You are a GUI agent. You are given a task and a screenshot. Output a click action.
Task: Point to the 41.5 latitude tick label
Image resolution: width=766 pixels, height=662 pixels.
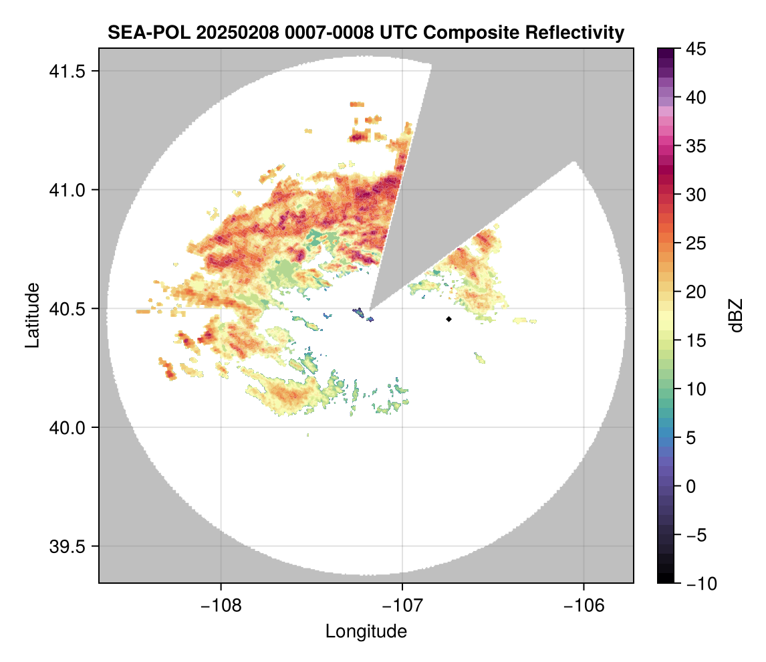[x=67, y=72]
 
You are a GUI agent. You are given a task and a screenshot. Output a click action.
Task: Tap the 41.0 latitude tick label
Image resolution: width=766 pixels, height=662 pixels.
[x=67, y=190]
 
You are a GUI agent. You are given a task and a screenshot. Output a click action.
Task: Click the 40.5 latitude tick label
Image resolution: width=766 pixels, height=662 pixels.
[x=67, y=309]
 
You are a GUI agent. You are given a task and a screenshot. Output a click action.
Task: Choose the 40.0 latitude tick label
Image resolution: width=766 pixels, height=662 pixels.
[x=67, y=427]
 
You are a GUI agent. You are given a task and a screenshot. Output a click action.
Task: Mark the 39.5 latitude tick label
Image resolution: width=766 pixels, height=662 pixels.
[x=67, y=546]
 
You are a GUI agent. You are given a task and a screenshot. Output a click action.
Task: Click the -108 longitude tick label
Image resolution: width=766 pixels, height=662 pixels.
[x=221, y=606]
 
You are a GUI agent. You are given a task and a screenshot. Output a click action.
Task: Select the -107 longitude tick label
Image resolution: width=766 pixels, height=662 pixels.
[x=402, y=606]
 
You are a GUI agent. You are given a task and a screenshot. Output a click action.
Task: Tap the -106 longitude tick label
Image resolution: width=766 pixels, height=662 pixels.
[x=584, y=606]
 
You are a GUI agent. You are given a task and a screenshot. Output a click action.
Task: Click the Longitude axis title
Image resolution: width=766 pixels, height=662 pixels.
[x=366, y=631]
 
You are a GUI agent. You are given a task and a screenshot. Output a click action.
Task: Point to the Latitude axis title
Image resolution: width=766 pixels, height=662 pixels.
[x=32, y=315]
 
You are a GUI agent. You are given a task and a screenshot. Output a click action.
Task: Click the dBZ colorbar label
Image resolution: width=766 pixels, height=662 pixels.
[x=736, y=316]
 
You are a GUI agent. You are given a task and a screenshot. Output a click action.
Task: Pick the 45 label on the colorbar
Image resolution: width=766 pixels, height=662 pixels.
[x=696, y=49]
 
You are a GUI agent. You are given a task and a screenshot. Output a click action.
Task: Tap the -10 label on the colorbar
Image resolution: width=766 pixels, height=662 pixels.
[x=701, y=583]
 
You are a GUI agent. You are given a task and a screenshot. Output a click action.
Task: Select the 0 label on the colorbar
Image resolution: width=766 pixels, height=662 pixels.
[x=690, y=486]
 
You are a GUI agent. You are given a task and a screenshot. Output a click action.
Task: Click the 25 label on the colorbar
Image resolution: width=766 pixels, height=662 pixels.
[x=696, y=243]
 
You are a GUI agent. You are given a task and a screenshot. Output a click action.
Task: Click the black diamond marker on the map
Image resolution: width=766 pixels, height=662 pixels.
[x=449, y=319]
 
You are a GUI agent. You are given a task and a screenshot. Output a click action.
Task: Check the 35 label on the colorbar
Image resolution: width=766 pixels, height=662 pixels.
[x=696, y=146]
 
